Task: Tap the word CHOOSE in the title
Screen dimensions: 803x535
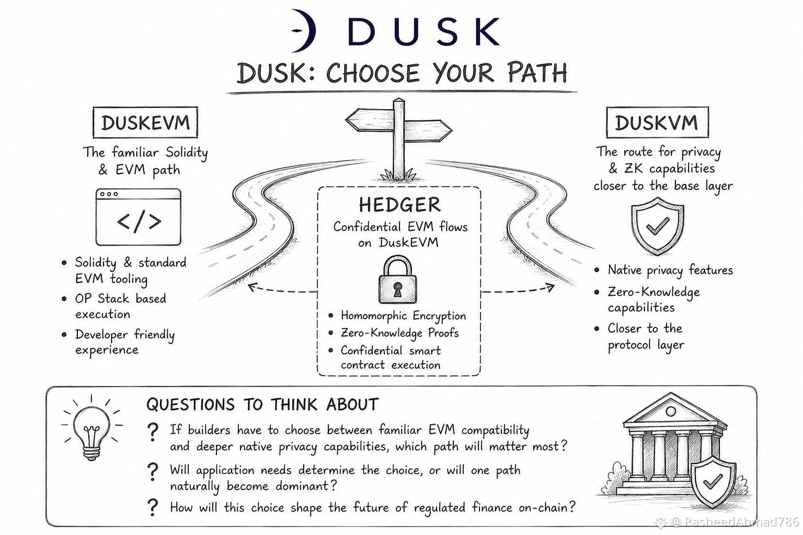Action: pyautogui.click(x=373, y=73)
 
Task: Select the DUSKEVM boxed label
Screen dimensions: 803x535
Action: pyautogui.click(x=145, y=123)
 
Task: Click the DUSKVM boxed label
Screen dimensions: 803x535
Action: pyautogui.click(x=658, y=122)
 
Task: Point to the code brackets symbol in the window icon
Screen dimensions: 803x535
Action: pyautogui.click(x=139, y=222)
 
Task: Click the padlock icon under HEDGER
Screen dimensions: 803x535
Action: pyautogui.click(x=397, y=280)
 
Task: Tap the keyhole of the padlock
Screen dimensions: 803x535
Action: pyautogui.click(x=397, y=289)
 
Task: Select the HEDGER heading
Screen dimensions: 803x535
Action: pyautogui.click(x=399, y=205)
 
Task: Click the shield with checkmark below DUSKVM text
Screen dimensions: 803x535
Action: pyautogui.click(x=658, y=226)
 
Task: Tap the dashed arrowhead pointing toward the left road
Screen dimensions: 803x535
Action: pyautogui.click(x=253, y=287)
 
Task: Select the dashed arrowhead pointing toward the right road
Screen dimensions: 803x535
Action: pyautogui.click(x=549, y=288)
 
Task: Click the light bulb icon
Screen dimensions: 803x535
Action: pyautogui.click(x=91, y=429)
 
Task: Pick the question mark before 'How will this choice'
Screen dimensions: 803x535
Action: pyautogui.click(x=153, y=507)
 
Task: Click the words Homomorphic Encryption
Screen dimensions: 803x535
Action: pyautogui.click(x=403, y=316)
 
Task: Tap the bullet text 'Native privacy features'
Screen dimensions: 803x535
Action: pyautogui.click(x=670, y=270)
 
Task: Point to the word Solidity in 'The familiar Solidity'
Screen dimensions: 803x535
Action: pyautogui.click(x=187, y=153)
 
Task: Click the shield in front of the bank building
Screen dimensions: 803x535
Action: pyautogui.click(x=714, y=482)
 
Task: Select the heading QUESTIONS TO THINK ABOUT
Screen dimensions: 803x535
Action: pyautogui.click(x=262, y=404)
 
